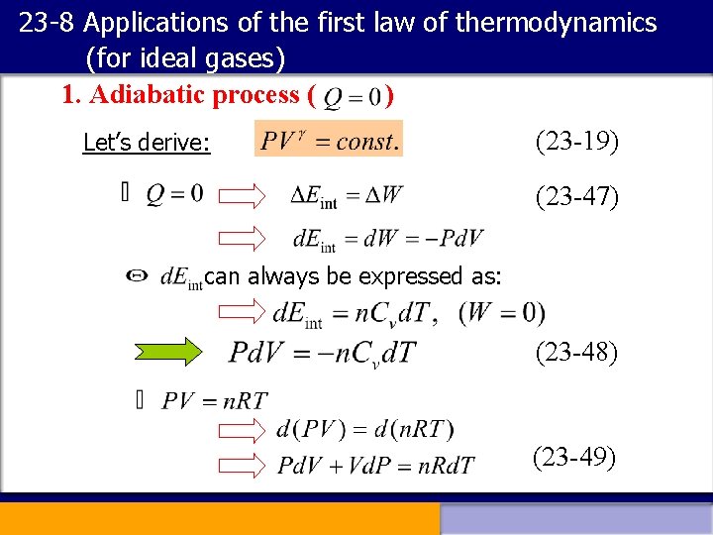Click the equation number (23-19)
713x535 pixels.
pos(577,143)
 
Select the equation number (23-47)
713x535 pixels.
pos(577,198)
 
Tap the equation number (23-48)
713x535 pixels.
pos(577,352)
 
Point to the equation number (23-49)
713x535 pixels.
pos(574,457)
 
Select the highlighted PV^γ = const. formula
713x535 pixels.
pos(329,140)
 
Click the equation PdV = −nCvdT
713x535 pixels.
pos(323,353)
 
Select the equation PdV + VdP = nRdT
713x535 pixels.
pos(375,465)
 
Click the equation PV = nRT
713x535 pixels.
pos(215,401)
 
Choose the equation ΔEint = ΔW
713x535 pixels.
pos(347,195)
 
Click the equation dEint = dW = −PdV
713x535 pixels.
pos(387,239)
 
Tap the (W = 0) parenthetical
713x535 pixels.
pos(502,313)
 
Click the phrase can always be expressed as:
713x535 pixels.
pos(353,276)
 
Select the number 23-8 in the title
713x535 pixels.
pos(46,23)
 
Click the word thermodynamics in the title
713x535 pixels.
pos(556,23)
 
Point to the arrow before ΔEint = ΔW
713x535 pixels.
pos(243,195)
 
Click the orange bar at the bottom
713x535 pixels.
pos(219,518)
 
